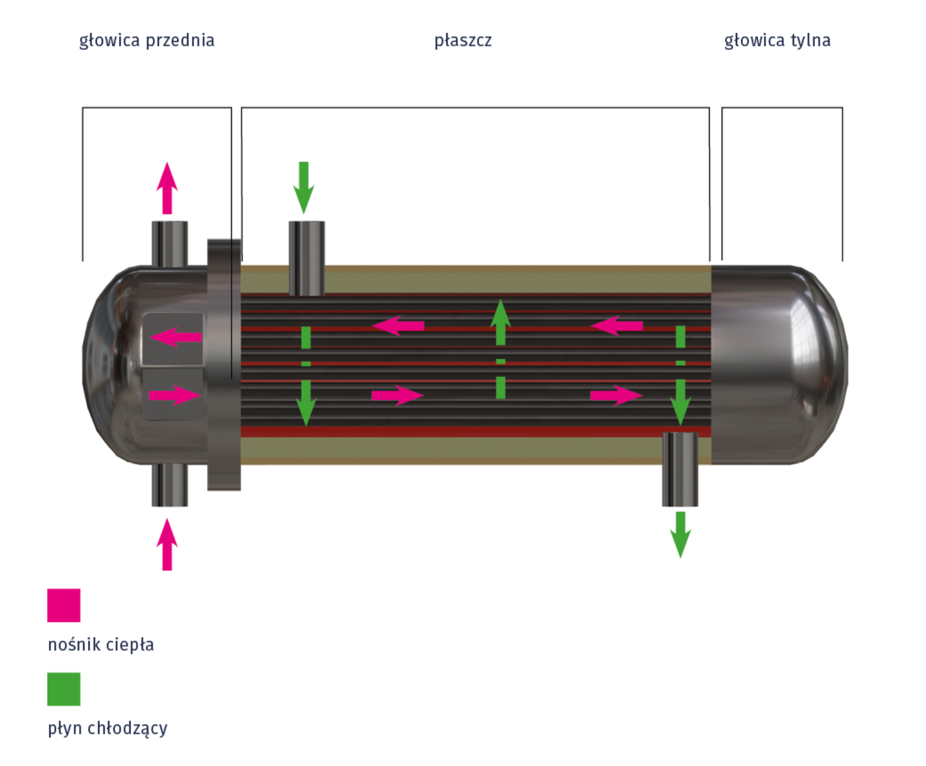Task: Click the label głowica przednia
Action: click(x=147, y=40)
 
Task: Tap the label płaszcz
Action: click(x=463, y=40)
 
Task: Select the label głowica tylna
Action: click(x=777, y=40)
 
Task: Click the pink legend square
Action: click(x=64, y=605)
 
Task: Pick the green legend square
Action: click(x=64, y=689)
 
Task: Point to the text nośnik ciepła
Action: click(x=101, y=645)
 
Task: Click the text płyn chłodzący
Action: click(x=108, y=729)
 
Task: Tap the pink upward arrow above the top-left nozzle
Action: click(x=167, y=187)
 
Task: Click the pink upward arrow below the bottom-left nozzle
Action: click(x=167, y=544)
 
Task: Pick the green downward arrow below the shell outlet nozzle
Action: click(x=681, y=534)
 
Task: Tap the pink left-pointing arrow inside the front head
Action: click(x=175, y=337)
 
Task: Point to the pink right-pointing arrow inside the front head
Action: click(x=174, y=395)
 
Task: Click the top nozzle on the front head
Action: click(x=169, y=244)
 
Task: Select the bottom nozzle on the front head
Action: click(x=169, y=485)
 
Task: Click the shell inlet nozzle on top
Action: click(x=307, y=257)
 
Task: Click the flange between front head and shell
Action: click(x=224, y=364)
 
